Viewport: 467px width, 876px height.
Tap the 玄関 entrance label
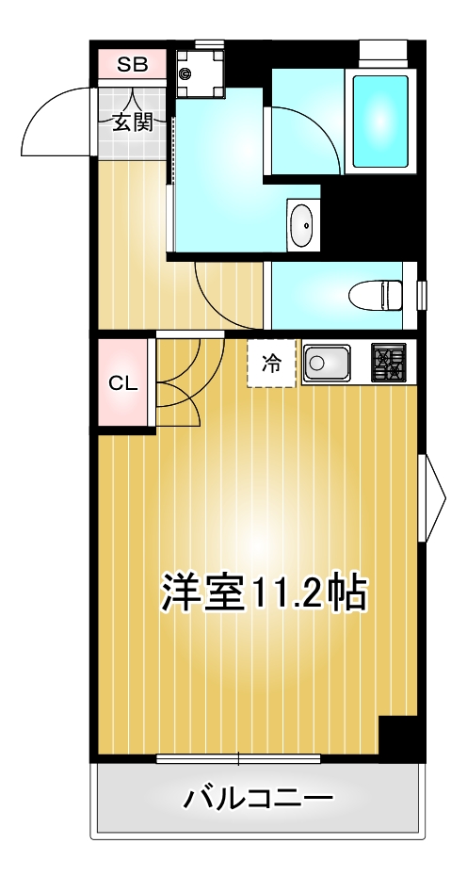pos(133,123)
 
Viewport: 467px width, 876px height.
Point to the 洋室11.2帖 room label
pos(264,592)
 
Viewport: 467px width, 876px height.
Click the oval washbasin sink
pos(303,226)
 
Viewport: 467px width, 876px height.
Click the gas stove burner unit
pos(388,363)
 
